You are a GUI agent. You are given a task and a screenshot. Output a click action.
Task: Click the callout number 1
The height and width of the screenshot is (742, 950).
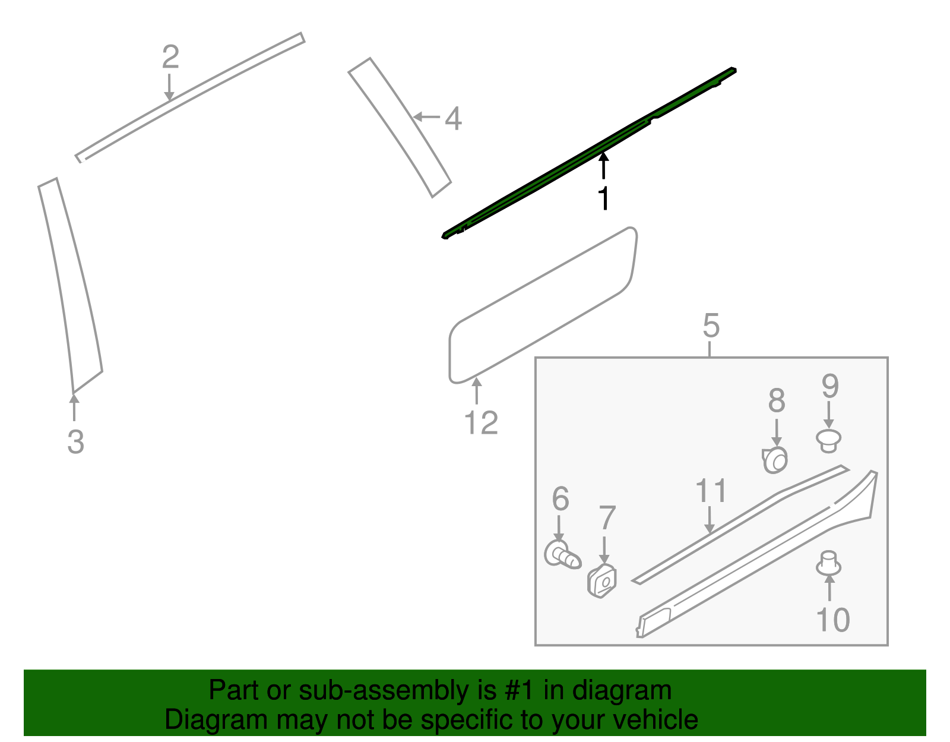tap(603, 198)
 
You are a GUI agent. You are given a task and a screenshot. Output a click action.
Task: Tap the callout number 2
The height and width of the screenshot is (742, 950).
tap(170, 58)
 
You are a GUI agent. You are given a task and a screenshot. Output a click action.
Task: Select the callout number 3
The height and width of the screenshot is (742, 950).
tap(75, 442)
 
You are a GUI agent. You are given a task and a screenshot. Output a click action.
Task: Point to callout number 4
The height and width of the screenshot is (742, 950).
tap(453, 119)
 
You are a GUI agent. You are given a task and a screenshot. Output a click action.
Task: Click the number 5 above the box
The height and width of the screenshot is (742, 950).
tap(711, 326)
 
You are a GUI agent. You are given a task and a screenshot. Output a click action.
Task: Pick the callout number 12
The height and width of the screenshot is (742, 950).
tap(481, 424)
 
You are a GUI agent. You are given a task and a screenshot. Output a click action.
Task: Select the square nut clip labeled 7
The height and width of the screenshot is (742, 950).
tap(603, 581)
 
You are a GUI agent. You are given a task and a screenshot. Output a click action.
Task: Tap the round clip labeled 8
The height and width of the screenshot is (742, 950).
tap(776, 460)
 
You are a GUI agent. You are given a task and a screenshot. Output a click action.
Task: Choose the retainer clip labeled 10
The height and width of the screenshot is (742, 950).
tap(828, 564)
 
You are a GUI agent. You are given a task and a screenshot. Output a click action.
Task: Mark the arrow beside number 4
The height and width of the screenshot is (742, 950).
tap(426, 117)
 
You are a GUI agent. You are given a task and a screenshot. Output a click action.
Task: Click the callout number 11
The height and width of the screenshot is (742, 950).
tap(711, 491)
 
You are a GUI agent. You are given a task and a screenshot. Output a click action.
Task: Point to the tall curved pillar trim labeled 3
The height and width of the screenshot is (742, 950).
tap(71, 285)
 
